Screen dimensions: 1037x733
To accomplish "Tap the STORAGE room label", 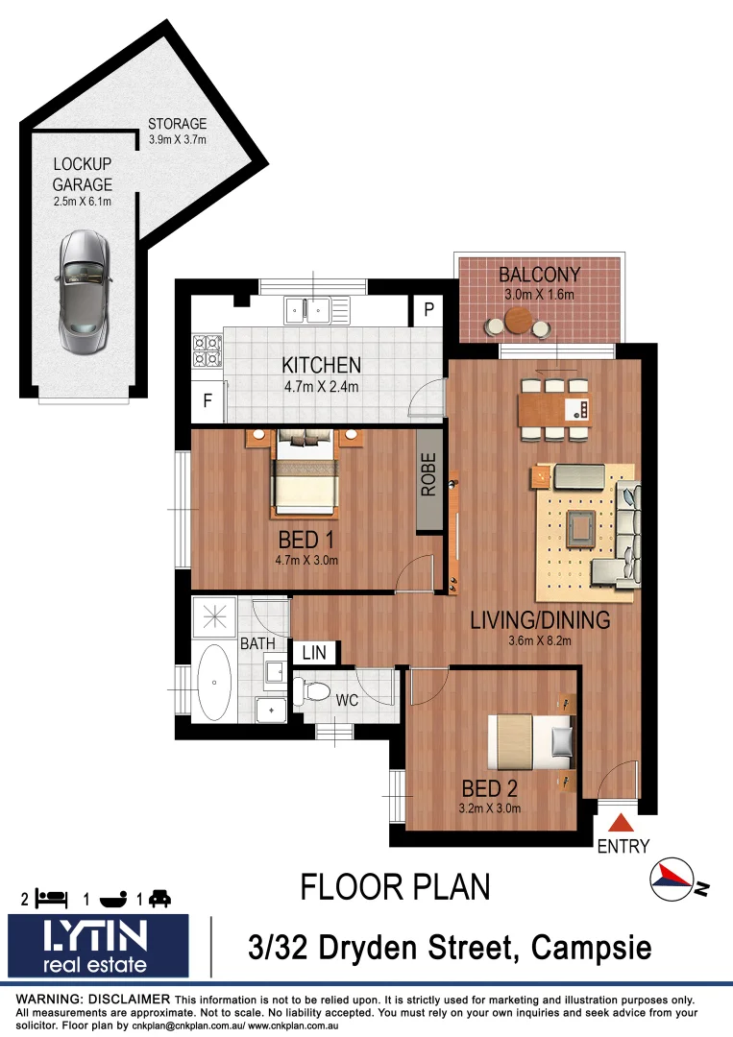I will (177, 124).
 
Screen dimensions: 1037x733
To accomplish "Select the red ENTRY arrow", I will (622, 823).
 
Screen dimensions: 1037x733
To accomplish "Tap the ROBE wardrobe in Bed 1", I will (428, 490).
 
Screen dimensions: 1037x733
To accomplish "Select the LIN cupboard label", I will (314, 653).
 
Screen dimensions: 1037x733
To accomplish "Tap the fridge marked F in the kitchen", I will (207, 401).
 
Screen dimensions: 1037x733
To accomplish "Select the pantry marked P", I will (427, 311).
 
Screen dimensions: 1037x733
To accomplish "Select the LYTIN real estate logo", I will (99, 946).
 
